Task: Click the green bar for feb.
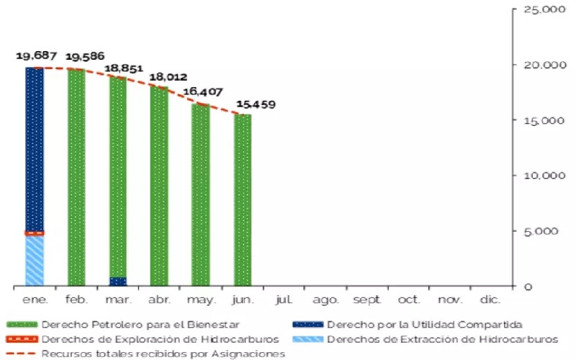[76, 177]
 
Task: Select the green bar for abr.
[159, 186]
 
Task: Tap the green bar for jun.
[243, 199]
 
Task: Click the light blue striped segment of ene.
[35, 261]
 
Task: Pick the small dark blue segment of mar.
[118, 282]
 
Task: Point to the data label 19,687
[35, 55]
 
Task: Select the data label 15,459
[254, 104]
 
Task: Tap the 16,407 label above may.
[204, 92]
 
